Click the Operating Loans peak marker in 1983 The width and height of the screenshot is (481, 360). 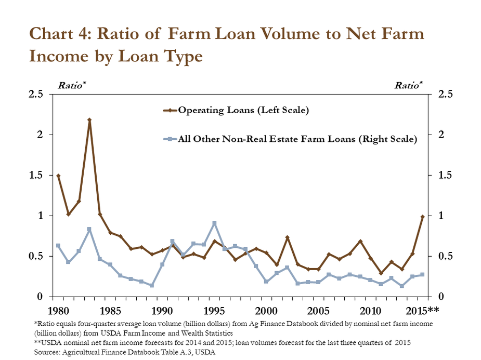[x=89, y=120]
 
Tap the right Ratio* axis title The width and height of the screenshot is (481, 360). [x=408, y=85]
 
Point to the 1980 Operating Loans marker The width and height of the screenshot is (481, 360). [x=58, y=176]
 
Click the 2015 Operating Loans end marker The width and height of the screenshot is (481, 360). [x=423, y=217]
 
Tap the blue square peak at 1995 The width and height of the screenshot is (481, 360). [x=214, y=223]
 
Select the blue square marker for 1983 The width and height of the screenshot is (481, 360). [x=89, y=229]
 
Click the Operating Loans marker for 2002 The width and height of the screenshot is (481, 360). [x=287, y=237]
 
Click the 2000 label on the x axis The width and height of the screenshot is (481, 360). [x=266, y=311]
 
